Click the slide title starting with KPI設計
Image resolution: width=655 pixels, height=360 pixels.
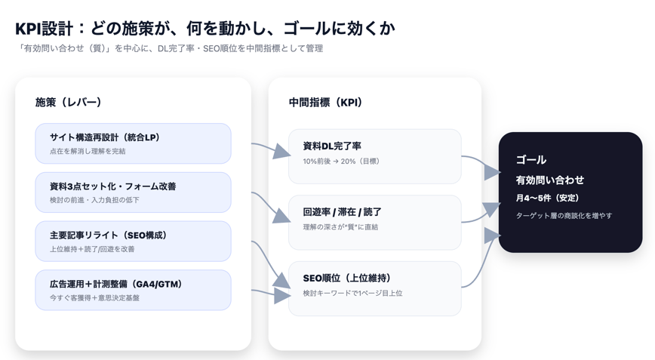204,29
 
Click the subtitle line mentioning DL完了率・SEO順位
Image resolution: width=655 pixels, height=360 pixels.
170,48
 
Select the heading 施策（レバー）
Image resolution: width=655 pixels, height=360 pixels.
69,102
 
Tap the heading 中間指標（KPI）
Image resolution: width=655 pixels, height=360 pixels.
325,102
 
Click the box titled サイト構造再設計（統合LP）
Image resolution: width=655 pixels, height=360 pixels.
133,143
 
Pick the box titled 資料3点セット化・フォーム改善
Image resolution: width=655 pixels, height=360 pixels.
133,192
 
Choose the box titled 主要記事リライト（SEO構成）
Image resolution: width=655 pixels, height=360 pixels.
133,241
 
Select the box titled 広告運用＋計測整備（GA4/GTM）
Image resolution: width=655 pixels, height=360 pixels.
133,290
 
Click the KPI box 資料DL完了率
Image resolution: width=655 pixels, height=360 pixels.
374,155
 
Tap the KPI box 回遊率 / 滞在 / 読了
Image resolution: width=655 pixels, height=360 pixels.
374,222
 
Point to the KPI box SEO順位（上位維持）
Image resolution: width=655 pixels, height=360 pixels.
374,288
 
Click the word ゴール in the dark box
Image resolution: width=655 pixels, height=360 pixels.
531,160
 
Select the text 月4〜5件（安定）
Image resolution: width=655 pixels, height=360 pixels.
548,198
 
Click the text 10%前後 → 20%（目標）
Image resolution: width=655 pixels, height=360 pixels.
342,162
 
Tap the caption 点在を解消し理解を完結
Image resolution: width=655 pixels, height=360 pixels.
88,152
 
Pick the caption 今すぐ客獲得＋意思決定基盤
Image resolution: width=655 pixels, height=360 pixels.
94,298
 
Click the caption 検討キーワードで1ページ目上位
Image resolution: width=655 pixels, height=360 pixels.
352,294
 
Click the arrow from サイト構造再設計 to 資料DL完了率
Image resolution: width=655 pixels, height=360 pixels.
270,149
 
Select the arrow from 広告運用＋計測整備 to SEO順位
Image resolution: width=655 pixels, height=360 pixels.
270,293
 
